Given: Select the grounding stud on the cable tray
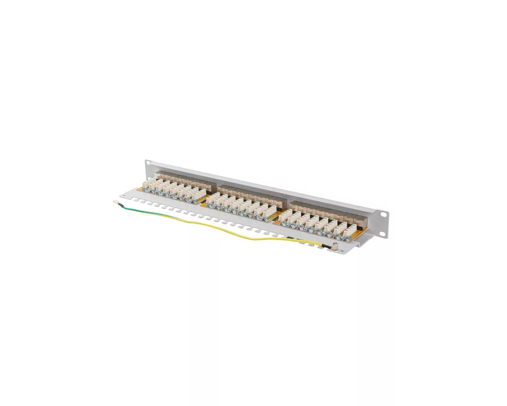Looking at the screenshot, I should (335, 248).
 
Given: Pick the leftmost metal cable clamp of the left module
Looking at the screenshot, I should (148, 192).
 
